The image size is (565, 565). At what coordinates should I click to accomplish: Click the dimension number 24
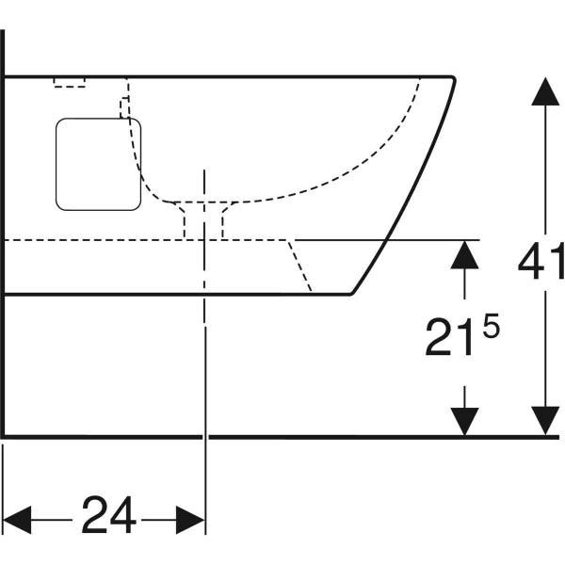[109, 515]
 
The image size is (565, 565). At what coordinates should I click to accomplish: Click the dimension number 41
[541, 261]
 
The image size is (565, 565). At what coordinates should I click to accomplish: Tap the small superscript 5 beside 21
[492, 325]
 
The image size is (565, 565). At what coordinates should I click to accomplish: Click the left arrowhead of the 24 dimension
[17, 520]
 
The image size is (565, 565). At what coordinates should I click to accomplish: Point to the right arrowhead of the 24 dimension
[190, 520]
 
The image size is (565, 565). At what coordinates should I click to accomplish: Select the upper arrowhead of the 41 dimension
[545, 91]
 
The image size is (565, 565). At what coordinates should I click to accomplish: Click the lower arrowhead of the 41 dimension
[545, 421]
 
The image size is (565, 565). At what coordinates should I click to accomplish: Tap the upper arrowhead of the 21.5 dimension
[464, 255]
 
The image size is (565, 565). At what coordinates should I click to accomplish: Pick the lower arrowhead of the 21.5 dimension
[464, 422]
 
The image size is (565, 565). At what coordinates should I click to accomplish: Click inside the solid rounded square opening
[98, 164]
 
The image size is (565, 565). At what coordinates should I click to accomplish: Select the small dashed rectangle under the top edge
[70, 83]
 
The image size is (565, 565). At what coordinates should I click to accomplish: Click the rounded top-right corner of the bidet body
[453, 78]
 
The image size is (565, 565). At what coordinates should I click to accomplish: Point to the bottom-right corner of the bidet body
[351, 294]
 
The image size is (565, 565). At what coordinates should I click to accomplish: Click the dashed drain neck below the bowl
[203, 220]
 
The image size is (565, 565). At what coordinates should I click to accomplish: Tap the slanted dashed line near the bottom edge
[299, 266]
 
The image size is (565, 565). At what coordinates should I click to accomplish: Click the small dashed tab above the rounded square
[124, 107]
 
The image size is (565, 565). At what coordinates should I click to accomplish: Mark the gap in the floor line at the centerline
[205, 437]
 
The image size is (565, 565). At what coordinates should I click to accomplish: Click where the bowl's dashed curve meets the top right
[420, 78]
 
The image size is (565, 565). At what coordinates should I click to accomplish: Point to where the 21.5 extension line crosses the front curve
[386, 239]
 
